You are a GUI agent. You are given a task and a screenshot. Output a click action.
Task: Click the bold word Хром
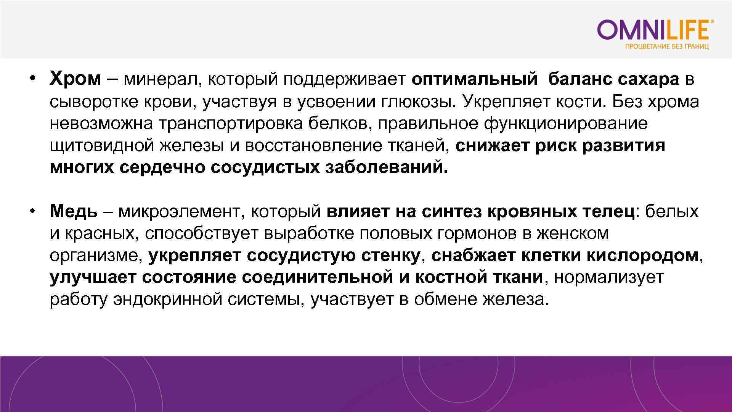point(75,79)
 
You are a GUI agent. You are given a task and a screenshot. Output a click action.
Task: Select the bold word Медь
point(74,211)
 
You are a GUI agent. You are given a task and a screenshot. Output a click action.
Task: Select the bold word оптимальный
point(475,79)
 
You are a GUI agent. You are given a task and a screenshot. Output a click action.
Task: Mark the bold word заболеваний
point(386,167)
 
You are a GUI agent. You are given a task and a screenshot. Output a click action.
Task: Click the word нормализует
point(608,277)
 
